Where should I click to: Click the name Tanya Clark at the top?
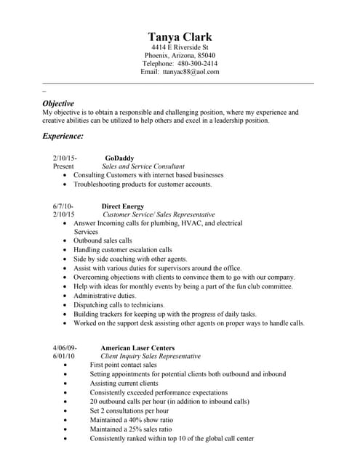point(180,37)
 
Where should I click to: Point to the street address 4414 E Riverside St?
point(180,47)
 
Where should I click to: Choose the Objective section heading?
point(58,104)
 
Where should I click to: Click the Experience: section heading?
point(63,136)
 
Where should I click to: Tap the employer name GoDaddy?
point(119,158)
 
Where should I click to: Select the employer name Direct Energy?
point(122,206)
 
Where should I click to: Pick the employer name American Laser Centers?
point(137,348)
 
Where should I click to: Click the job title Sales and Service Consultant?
point(143,166)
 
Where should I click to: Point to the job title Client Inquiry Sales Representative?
point(151,357)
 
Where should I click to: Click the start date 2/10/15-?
point(65,158)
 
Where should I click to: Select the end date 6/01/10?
point(64,357)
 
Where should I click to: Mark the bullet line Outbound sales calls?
point(103,240)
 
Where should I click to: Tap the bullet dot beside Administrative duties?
point(66,296)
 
